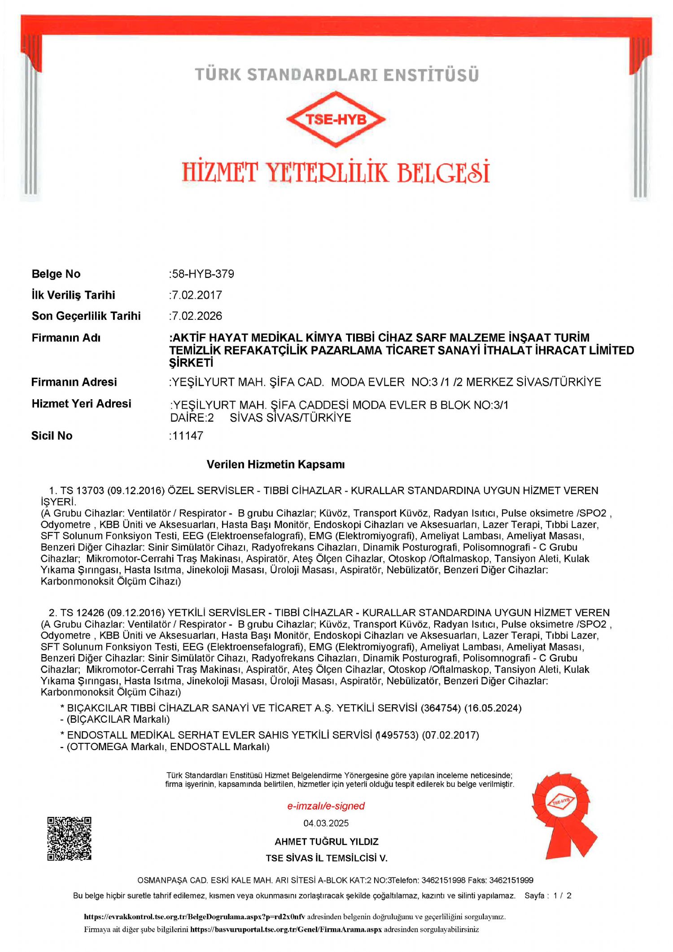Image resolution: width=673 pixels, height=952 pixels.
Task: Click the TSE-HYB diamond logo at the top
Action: point(336,119)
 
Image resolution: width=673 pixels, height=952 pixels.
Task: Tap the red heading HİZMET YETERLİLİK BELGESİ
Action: point(336,172)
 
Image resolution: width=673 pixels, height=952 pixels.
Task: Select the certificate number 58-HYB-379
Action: point(203,274)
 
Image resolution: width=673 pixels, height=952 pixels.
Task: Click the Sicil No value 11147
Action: point(188,436)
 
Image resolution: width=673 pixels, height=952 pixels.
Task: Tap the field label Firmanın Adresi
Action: point(74,382)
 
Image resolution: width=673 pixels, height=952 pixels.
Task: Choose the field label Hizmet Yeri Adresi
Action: point(81,404)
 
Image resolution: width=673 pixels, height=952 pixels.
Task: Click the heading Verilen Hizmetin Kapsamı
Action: point(275,464)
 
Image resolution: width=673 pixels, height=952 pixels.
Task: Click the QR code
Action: point(70,839)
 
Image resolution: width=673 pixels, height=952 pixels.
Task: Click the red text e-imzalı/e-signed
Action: point(326,806)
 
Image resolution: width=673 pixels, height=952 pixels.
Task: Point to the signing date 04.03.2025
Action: point(326,823)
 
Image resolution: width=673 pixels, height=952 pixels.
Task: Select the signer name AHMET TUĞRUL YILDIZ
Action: point(327,842)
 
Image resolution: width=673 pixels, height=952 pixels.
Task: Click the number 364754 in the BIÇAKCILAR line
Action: point(441,708)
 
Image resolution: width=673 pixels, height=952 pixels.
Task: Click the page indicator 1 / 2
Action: point(562,895)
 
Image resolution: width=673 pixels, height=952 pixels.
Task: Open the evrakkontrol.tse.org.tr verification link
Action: point(195,917)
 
